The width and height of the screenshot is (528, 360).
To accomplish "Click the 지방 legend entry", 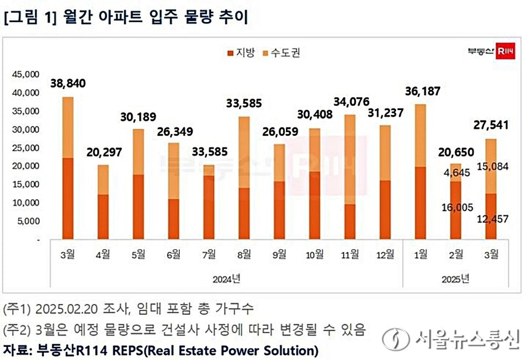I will [240, 53].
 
